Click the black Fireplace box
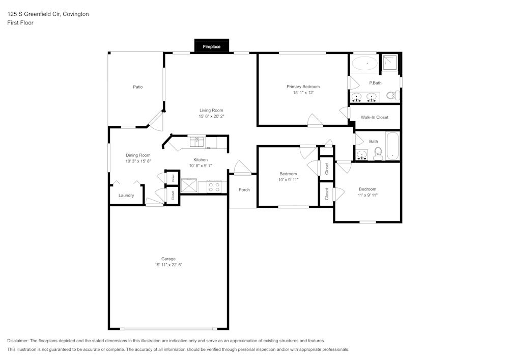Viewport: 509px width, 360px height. point(212,46)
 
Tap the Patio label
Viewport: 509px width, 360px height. point(137,87)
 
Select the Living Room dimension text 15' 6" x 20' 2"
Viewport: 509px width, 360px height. point(211,117)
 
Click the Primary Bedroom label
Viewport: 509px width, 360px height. point(303,87)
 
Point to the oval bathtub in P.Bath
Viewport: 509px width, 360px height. point(365,64)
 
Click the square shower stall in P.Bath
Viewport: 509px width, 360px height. point(391,63)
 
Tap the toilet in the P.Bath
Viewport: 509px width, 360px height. point(392,95)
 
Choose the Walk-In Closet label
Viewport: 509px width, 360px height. point(374,117)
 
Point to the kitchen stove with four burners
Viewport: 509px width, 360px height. point(214,186)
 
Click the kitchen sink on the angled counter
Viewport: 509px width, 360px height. point(196,141)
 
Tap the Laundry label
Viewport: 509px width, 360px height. point(126,196)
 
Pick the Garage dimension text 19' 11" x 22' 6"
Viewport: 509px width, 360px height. point(168,265)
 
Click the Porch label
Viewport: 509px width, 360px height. point(244,190)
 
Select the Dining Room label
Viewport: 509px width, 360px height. point(138,155)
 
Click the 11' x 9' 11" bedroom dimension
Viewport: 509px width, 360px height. point(367,195)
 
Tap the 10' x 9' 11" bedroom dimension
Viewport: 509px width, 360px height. point(288,180)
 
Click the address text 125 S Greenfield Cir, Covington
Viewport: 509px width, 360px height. point(48,14)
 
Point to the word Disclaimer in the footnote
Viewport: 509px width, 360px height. point(18,341)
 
